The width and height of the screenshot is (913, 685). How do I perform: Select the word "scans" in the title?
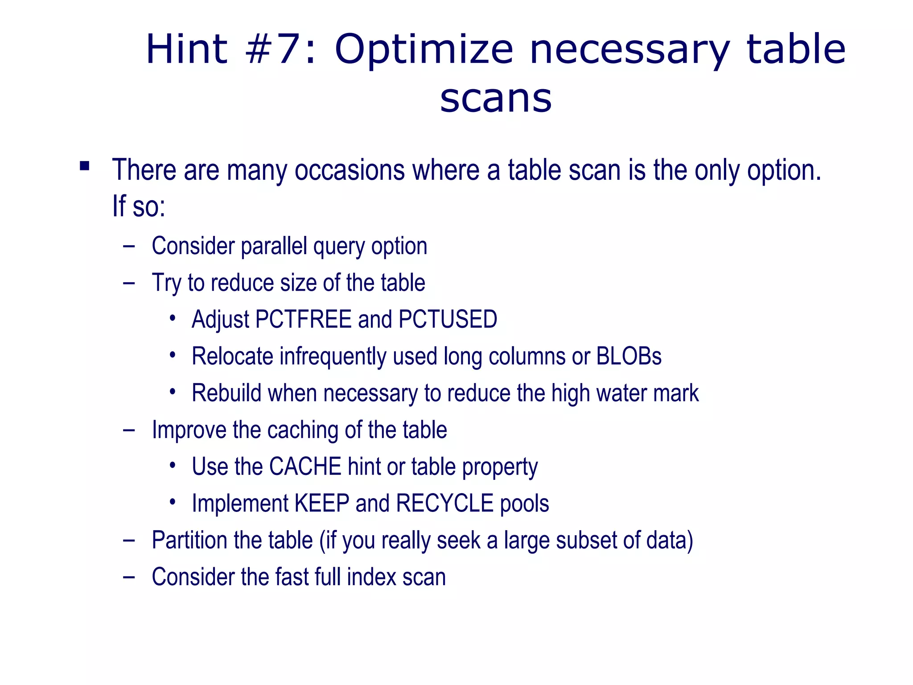(496, 99)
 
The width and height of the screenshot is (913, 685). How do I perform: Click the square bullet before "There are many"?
(85, 166)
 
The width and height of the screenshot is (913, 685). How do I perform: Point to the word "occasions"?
(350, 170)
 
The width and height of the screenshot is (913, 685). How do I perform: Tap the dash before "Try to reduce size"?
(129, 283)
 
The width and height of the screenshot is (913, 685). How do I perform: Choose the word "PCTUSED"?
(448, 319)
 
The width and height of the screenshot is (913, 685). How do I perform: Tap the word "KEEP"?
(322, 503)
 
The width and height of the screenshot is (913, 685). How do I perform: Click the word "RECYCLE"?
(444, 503)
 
